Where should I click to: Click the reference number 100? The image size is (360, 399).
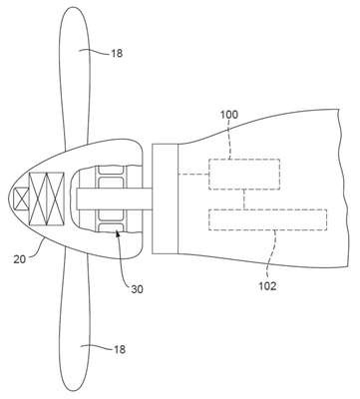tap(229, 115)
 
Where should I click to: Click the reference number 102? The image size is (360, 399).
tap(267, 286)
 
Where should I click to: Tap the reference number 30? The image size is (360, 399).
tap(137, 289)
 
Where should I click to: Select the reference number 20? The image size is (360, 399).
tap(20, 259)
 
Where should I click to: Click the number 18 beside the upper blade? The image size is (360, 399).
tap(117, 53)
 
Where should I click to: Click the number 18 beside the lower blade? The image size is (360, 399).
tap(120, 349)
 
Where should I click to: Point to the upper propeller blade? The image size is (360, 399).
tap(75, 77)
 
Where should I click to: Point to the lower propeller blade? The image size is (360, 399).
tap(75, 319)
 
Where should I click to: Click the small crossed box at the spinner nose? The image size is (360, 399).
tap(20, 199)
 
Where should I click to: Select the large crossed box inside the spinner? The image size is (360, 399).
tap(46, 199)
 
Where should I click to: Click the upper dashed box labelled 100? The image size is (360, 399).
tap(244, 175)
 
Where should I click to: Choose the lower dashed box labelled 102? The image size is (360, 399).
tap(267, 219)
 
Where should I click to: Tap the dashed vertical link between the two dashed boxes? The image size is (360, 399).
tap(244, 199)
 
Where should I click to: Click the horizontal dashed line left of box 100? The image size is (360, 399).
tap(193, 175)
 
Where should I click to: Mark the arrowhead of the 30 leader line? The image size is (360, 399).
tap(117, 234)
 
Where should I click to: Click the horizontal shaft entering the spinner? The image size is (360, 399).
tap(114, 199)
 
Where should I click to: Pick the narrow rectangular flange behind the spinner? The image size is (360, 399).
tap(166, 199)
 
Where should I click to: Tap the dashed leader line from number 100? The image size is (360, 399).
tap(230, 140)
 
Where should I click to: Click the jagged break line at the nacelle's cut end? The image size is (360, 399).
tap(343, 188)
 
